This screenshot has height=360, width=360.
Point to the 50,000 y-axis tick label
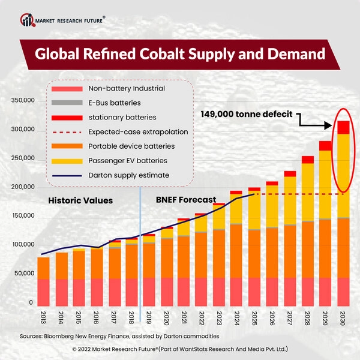(25, 274)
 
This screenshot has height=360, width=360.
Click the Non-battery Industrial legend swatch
(70, 89)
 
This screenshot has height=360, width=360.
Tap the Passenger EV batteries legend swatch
(70, 161)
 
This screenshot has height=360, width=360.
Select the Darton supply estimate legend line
(70, 175)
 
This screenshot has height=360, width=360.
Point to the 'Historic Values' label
(80, 200)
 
